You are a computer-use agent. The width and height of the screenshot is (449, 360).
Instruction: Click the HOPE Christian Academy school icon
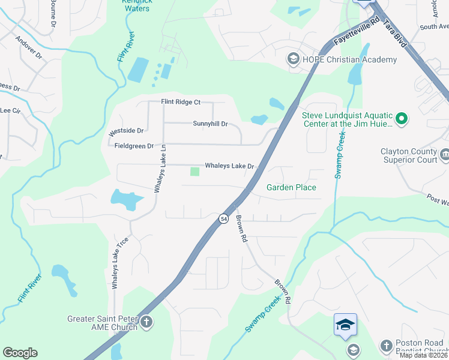point(294,59)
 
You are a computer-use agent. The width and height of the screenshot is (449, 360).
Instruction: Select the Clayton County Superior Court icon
point(445,155)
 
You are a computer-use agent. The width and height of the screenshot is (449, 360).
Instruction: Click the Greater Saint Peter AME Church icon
point(146,323)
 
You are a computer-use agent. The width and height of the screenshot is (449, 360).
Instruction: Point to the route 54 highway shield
point(223,219)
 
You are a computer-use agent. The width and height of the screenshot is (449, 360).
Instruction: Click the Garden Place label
point(291,187)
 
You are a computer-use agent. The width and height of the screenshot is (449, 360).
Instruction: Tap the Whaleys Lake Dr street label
point(230,166)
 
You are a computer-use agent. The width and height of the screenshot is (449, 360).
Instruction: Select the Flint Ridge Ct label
point(180,102)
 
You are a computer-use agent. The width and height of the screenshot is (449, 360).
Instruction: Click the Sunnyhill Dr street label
point(210,124)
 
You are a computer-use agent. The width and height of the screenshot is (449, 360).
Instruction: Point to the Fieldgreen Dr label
point(134,146)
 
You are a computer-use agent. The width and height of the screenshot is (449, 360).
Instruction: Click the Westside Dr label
point(125,130)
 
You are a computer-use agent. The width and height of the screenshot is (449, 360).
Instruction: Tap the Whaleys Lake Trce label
point(116,262)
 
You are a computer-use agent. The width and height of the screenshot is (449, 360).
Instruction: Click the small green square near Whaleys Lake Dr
point(194,172)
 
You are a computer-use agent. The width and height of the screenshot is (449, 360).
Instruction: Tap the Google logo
point(20,353)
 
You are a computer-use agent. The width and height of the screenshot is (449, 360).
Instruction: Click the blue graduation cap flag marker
point(345,325)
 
